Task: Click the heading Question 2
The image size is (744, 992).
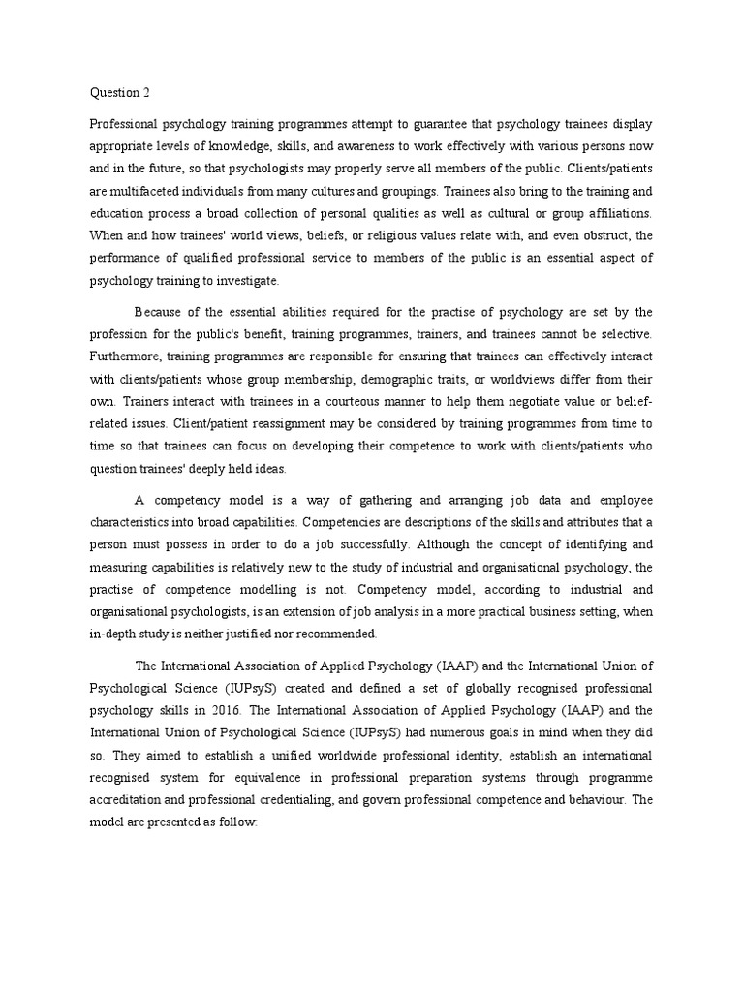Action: point(120,93)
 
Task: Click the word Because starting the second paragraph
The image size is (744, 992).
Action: point(160,311)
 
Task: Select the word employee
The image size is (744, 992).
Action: point(621,500)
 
